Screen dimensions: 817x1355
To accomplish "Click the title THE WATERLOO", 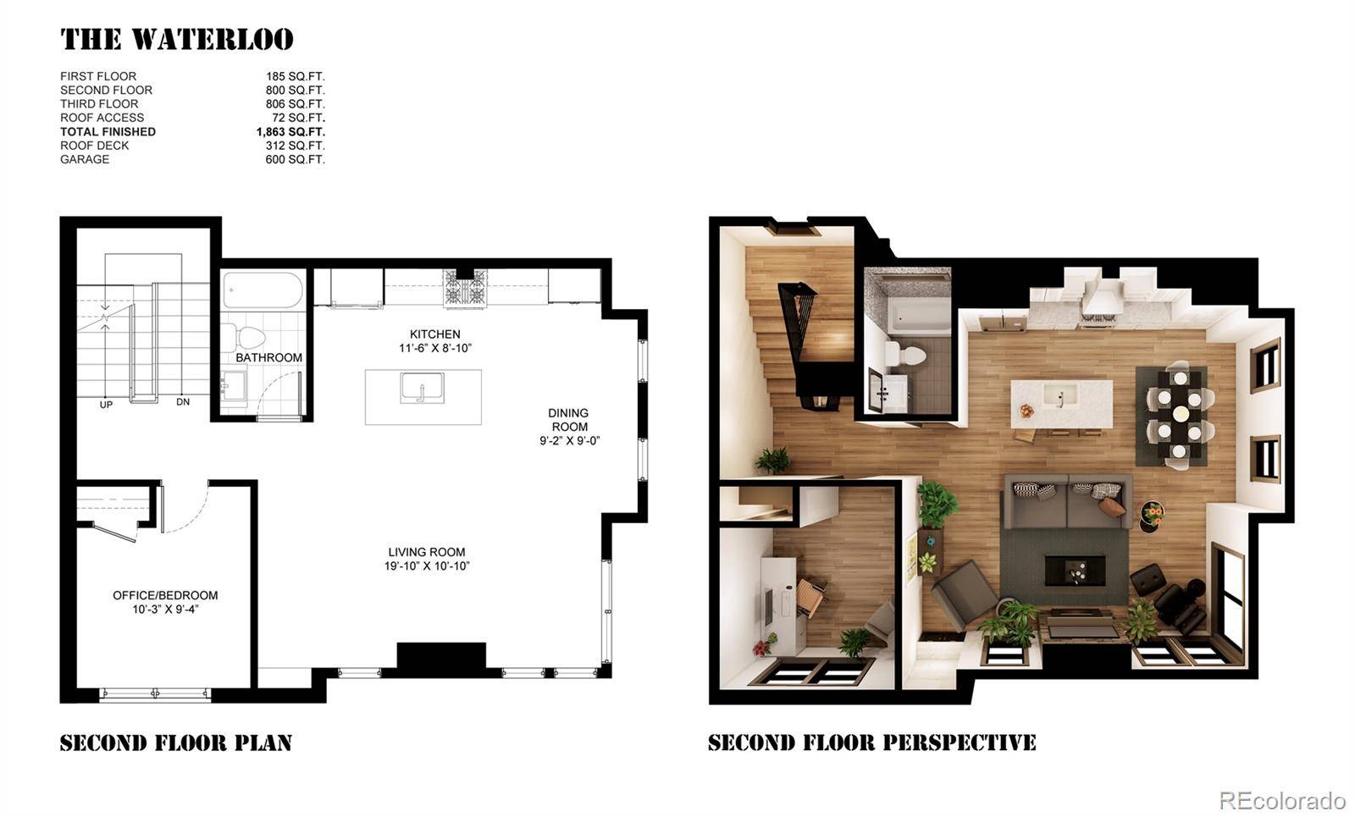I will point(177,40).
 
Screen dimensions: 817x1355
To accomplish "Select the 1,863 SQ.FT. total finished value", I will point(290,132).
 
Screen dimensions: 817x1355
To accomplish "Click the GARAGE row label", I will point(85,159).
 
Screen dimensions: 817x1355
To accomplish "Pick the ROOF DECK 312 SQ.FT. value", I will point(295,146).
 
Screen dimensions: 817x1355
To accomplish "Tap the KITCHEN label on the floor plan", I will point(434,334).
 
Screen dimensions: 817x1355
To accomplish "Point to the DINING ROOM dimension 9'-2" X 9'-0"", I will point(569,440).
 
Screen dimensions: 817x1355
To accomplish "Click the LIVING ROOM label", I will point(426,552).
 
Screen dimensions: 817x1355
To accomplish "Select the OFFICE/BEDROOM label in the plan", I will point(165,595).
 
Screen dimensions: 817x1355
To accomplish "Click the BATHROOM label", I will point(268,357).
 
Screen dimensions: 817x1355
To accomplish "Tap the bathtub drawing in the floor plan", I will point(263,291).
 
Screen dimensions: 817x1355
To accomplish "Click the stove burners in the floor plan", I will point(465,288).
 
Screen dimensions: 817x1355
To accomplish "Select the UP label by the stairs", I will point(106,405).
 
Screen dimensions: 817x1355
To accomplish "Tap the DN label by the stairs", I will point(183,402).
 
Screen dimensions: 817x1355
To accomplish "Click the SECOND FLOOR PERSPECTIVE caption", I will point(871,743).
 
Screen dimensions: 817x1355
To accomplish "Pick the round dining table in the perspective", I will point(1179,414).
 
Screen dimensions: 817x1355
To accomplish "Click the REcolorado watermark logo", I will point(1281,800).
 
